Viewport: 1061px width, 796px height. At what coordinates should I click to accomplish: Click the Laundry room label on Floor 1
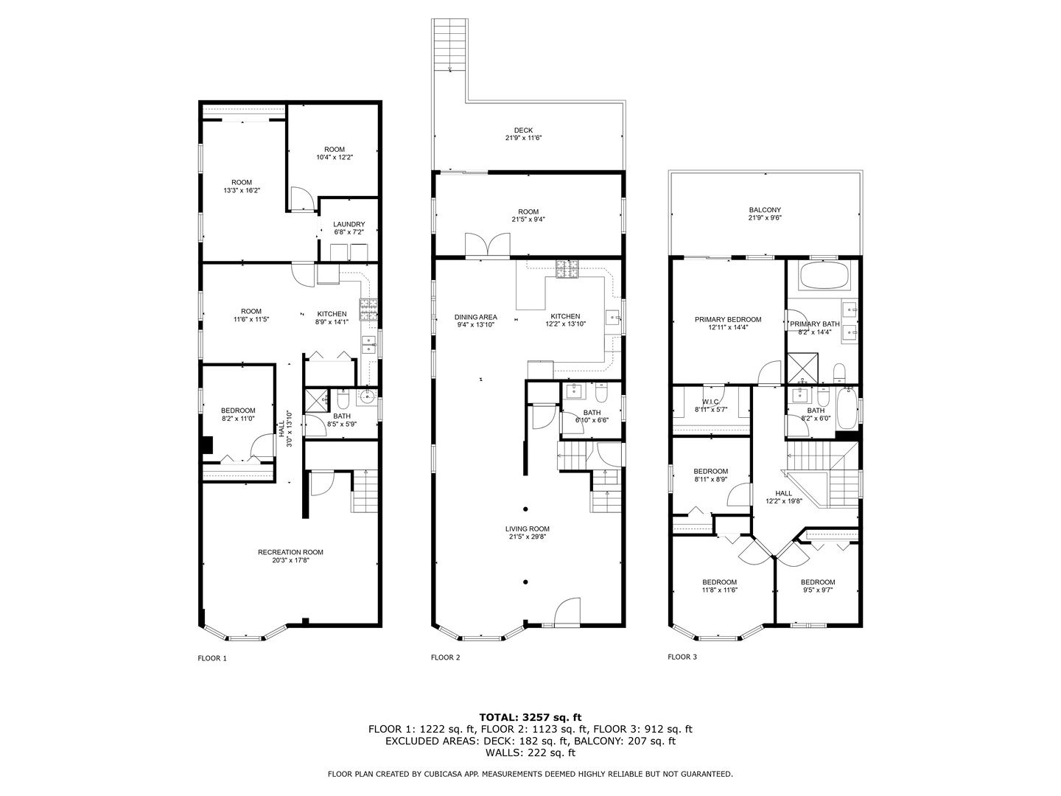(x=349, y=224)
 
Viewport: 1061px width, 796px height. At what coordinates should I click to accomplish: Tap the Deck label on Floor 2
(x=523, y=130)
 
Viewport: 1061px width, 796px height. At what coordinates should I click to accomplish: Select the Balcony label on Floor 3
(x=765, y=210)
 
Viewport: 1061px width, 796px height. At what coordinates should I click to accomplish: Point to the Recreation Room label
(x=290, y=552)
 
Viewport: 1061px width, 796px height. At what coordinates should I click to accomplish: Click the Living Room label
(x=527, y=528)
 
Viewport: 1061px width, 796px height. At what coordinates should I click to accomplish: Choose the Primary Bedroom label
(x=727, y=319)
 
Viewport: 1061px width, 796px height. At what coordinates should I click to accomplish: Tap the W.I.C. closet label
(x=710, y=402)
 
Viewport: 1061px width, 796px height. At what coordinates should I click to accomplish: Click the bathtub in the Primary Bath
(x=824, y=276)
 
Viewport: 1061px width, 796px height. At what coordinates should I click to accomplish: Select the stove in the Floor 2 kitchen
(x=567, y=269)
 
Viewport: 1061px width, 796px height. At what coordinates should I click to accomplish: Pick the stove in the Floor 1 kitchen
(x=368, y=310)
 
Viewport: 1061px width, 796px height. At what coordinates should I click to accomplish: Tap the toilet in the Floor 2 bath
(x=600, y=392)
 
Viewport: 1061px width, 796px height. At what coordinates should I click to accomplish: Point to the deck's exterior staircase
(x=449, y=45)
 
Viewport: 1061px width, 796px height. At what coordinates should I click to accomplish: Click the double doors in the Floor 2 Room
(x=487, y=245)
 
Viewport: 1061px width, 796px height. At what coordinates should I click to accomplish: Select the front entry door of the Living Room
(x=567, y=612)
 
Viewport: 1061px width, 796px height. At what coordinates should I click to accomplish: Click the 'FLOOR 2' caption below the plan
(x=445, y=657)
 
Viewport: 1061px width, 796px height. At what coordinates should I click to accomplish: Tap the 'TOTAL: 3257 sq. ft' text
(x=530, y=717)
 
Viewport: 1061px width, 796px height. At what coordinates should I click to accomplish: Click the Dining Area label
(x=475, y=317)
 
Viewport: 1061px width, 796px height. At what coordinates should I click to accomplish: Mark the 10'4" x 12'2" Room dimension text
(x=335, y=157)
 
